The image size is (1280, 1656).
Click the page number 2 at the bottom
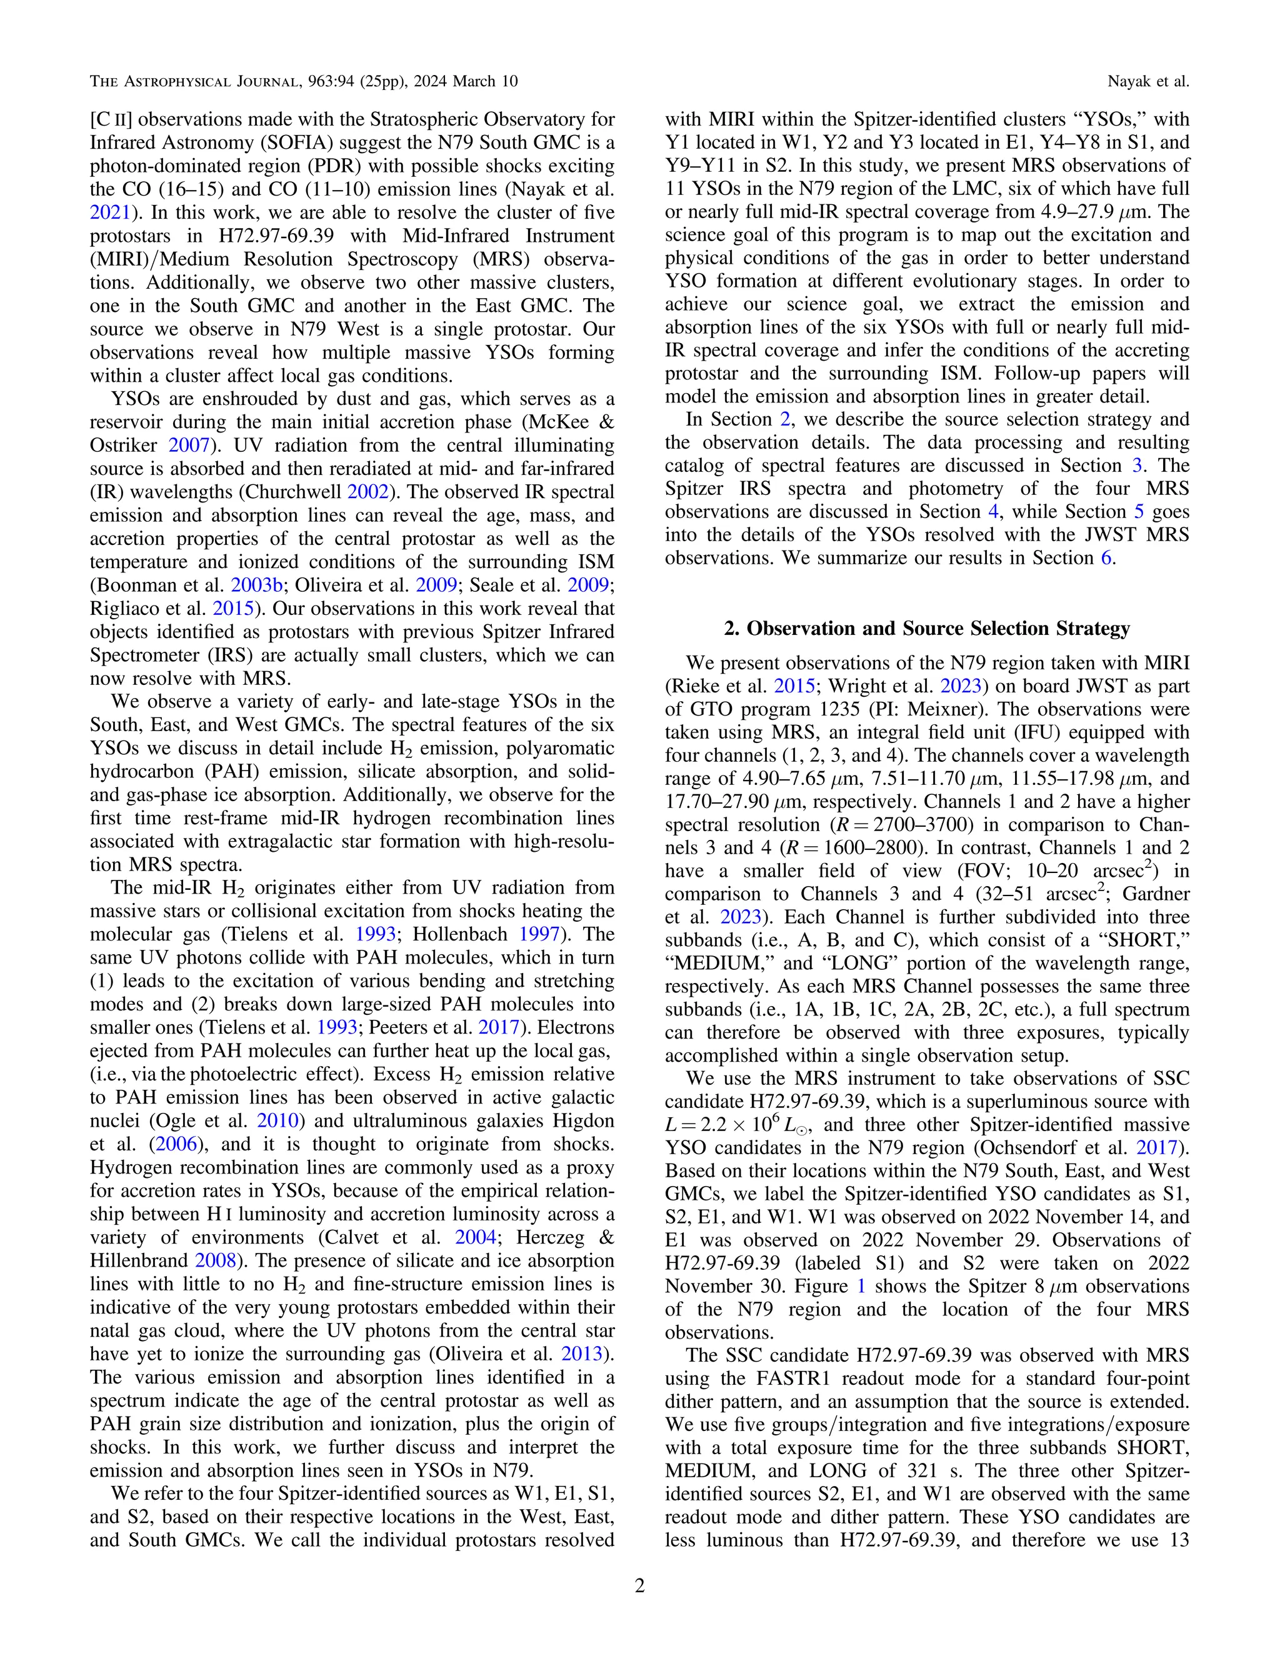click(x=639, y=1585)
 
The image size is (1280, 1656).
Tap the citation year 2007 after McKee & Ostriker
click(x=189, y=445)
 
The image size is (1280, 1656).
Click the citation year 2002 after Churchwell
click(x=367, y=492)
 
